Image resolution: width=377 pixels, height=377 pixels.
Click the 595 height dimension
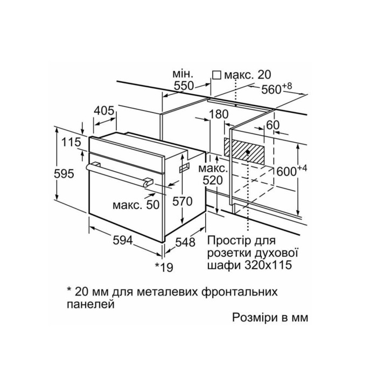pos(64,174)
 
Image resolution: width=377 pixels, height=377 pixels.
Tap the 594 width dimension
pos(123,240)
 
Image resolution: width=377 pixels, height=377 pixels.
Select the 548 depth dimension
pos(185,242)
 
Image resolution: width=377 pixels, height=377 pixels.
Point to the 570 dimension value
pos(183,201)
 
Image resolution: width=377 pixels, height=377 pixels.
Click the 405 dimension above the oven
pos(104,111)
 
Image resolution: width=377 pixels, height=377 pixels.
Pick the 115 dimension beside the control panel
pos(71,142)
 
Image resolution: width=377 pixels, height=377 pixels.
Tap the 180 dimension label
pos(219,114)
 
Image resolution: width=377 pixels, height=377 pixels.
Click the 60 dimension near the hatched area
pos(273,125)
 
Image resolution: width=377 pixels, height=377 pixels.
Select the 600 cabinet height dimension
pos(292,171)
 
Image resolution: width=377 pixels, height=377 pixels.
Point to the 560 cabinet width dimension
pos(277,88)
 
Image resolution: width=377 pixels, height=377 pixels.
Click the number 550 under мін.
pos(184,86)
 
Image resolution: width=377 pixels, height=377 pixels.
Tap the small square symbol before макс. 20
pos(217,75)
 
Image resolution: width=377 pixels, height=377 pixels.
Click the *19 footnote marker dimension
pos(164,267)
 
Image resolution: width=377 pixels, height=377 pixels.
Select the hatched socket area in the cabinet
pos(244,151)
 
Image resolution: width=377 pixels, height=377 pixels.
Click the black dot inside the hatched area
pos(248,152)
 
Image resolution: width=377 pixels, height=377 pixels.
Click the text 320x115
pos(268,265)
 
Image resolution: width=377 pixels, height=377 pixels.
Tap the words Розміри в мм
pos(270,318)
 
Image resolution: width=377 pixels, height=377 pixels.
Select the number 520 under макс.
pos(213,180)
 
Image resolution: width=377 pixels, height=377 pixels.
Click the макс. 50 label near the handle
pos(136,205)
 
